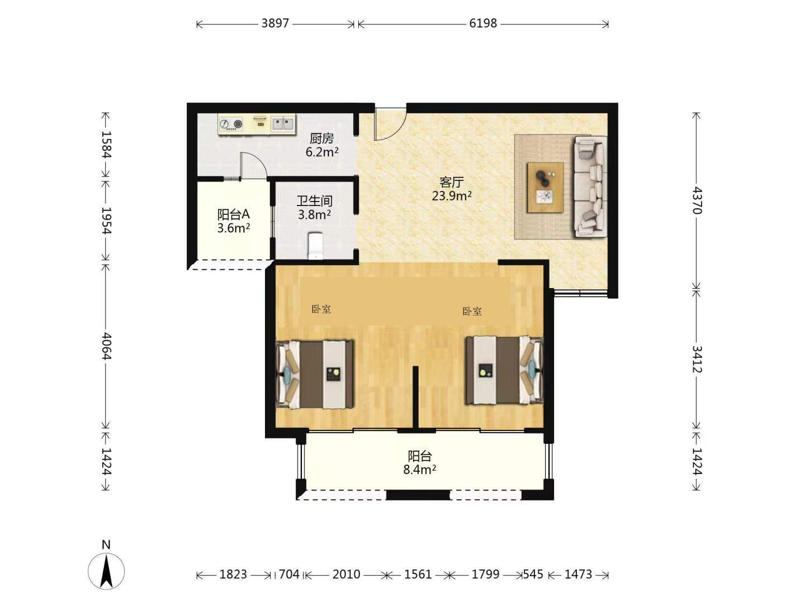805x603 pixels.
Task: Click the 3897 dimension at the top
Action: [275, 23]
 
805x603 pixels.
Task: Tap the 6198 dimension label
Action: [483, 23]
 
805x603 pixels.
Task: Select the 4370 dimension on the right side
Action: [697, 200]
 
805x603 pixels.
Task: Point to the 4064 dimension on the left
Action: [106, 346]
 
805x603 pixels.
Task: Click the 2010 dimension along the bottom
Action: [346, 574]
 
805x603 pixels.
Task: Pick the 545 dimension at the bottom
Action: [533, 574]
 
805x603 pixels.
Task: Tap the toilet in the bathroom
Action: [315, 245]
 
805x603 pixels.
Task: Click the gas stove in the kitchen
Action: [231, 124]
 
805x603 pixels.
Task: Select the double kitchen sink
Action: [283, 123]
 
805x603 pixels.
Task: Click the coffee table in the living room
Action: [545, 188]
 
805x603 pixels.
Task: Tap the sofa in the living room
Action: [590, 186]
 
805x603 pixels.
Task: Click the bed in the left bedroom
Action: [315, 375]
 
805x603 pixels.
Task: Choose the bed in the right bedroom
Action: [504, 370]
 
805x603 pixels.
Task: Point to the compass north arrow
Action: [106, 571]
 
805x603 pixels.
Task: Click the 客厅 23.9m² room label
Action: [452, 189]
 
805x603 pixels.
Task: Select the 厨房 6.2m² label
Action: [321, 145]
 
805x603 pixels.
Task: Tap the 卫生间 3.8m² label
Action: [314, 208]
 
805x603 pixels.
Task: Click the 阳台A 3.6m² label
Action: [233, 221]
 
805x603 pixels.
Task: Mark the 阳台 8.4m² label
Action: [420, 463]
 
